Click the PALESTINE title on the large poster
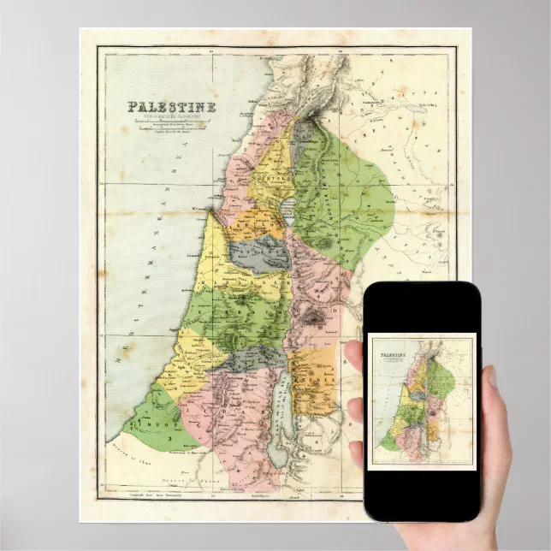click(171, 107)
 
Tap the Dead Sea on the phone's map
click(418, 430)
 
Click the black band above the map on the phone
click(420, 308)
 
